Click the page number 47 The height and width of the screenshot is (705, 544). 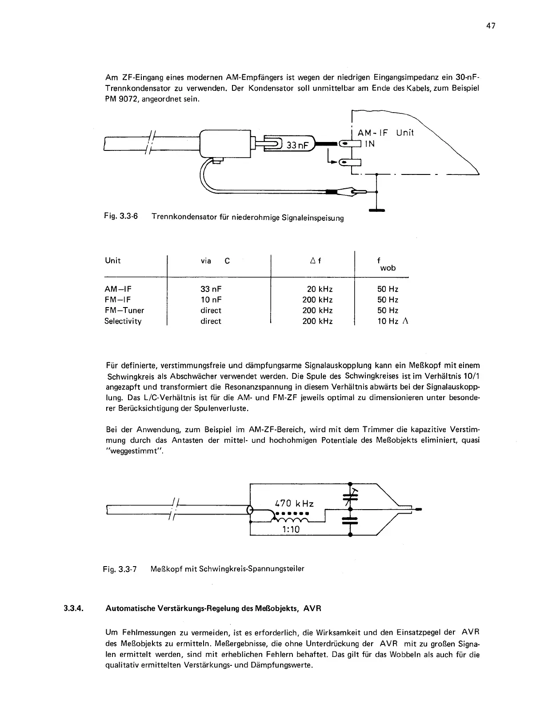click(x=490, y=26)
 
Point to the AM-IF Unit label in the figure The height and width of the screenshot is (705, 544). click(x=385, y=133)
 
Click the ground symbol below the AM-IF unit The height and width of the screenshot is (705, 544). click(x=376, y=210)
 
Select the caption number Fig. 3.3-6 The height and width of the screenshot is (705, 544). click(x=121, y=216)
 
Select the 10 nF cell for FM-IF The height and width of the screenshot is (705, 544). click(x=211, y=300)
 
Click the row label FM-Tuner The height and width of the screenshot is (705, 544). click(x=124, y=311)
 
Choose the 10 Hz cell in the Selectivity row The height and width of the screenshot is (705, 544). click(x=388, y=321)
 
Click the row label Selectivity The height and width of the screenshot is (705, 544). click(x=123, y=321)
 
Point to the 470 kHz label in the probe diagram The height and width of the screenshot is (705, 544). click(x=294, y=504)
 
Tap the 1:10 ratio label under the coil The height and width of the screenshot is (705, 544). click(x=291, y=529)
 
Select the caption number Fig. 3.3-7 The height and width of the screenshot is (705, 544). click(x=120, y=569)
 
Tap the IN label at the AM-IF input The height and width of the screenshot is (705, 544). click(x=370, y=144)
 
